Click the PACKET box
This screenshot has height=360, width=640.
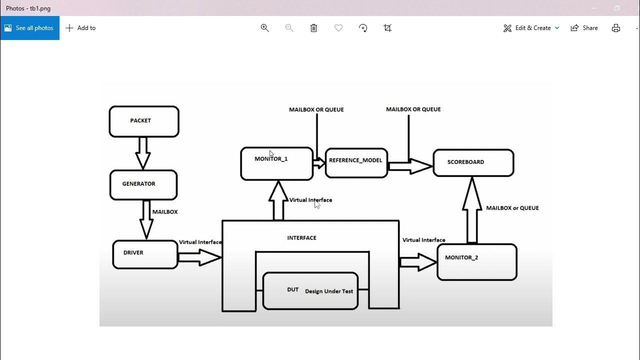[x=144, y=121]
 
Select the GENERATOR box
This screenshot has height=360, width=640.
[x=143, y=184]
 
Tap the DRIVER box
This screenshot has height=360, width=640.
[x=145, y=254]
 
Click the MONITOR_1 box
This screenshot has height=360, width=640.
[x=276, y=163]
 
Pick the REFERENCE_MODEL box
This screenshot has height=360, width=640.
[x=356, y=162]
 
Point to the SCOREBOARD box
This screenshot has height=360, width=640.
[x=473, y=162]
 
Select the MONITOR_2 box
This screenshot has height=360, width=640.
[x=476, y=261]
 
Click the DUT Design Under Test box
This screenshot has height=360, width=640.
[x=310, y=290]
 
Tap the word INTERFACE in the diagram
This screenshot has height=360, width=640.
[x=301, y=238]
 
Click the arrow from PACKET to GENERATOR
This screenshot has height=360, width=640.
[x=143, y=152]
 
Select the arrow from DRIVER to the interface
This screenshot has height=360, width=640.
[x=199, y=257]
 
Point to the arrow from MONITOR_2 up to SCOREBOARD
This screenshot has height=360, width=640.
[x=471, y=210]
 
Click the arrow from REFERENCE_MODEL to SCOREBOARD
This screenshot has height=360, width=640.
[x=409, y=166]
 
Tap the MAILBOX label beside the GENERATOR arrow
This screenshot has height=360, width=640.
[x=165, y=212]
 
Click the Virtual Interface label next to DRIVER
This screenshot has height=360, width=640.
[x=200, y=242]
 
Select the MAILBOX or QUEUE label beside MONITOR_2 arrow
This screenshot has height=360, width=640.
[x=512, y=208]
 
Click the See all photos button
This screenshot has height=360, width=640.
[x=29, y=28]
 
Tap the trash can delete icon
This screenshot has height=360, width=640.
[x=313, y=28]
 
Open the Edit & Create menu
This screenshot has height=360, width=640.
[x=531, y=28]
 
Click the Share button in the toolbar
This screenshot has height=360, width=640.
[x=584, y=28]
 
